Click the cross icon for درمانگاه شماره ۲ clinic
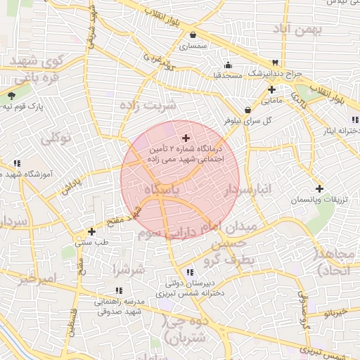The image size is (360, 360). (186, 138)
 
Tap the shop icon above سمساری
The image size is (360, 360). (192, 34)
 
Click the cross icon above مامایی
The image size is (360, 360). (271, 89)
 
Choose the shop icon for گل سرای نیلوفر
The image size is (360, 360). (247, 110)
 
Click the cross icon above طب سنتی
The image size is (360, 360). (91, 231)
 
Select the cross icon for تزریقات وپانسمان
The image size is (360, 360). (320, 188)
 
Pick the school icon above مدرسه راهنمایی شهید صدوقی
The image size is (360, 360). (118, 290)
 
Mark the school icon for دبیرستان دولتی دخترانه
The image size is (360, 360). (191, 272)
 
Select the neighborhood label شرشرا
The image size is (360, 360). (128, 269)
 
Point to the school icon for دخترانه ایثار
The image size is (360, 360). (355, 120)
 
